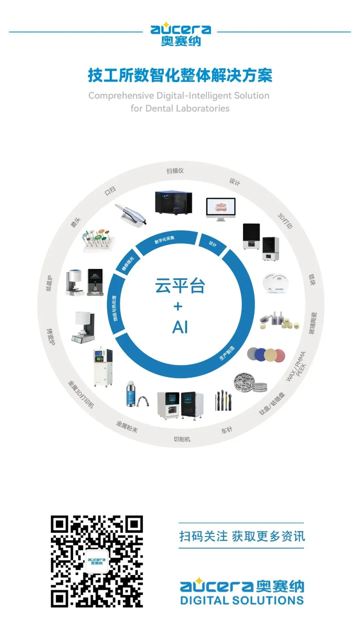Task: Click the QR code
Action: tap(97, 561)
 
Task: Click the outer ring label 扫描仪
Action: tap(175, 171)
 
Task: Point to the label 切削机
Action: tap(182, 439)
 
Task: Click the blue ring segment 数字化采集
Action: tap(165, 241)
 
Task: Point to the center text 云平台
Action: tap(180, 286)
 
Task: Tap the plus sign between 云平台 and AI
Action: tap(178, 306)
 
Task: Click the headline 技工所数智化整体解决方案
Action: tap(180, 75)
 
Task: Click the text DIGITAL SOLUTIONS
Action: tap(242, 600)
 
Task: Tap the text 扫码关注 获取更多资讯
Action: tap(242, 536)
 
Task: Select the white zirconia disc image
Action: tap(275, 283)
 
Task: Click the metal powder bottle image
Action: tap(131, 394)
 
